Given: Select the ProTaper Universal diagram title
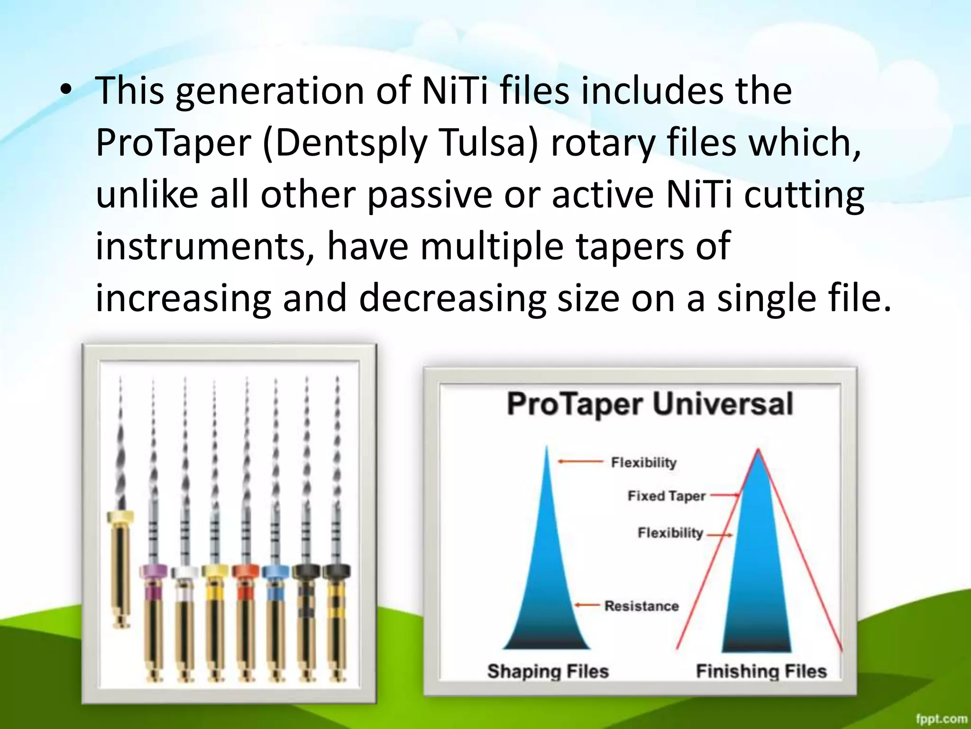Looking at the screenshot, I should [650, 405].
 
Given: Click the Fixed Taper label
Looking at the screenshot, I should [667, 496].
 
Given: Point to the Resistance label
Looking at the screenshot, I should [641, 606].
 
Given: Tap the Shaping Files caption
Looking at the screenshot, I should [548, 671].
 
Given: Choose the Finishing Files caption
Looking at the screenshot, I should [761, 671].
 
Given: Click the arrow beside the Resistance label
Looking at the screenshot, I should [588, 605].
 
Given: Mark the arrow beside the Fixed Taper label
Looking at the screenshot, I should [724, 495].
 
